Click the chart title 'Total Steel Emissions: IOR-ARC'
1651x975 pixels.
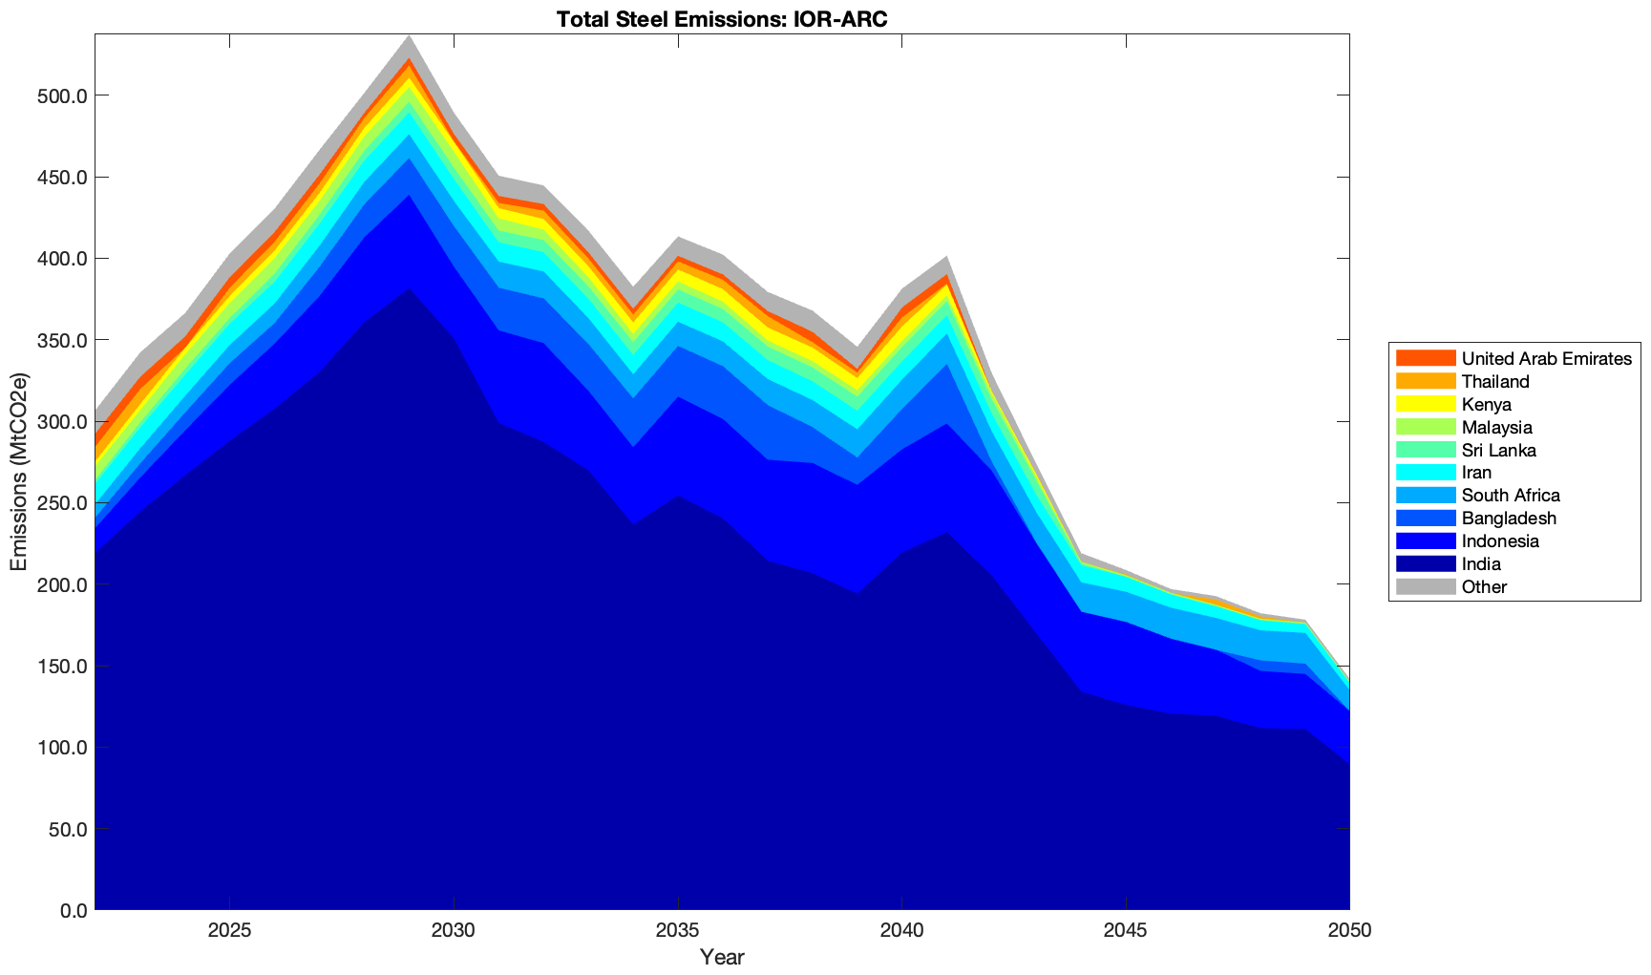pyautogui.click(x=721, y=19)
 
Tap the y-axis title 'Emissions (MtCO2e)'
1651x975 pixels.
pyautogui.click(x=18, y=472)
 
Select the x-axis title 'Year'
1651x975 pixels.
pyautogui.click(x=721, y=957)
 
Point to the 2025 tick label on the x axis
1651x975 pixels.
pyautogui.click(x=229, y=931)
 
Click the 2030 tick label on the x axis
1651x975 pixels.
pyautogui.click(x=454, y=931)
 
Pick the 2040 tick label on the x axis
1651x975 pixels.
pyautogui.click(x=901, y=931)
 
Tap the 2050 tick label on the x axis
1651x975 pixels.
pyautogui.click(x=1349, y=931)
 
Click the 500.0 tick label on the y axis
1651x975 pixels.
pyautogui.click(x=61, y=96)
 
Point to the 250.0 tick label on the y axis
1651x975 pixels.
pyautogui.click(x=61, y=503)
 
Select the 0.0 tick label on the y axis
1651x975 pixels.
pyautogui.click(x=71, y=910)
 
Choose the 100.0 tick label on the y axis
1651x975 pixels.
pyautogui.click(x=61, y=748)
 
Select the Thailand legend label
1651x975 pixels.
pyautogui.click(x=1495, y=382)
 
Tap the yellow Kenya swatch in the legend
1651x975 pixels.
pyautogui.click(x=1426, y=404)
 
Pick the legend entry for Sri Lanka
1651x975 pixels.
pyautogui.click(x=1498, y=450)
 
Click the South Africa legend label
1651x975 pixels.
pyautogui.click(x=1511, y=496)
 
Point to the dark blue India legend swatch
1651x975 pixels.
pyautogui.click(x=1426, y=564)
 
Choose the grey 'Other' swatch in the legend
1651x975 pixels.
pyautogui.click(x=1426, y=586)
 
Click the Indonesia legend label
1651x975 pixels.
pyautogui.click(x=1500, y=541)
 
